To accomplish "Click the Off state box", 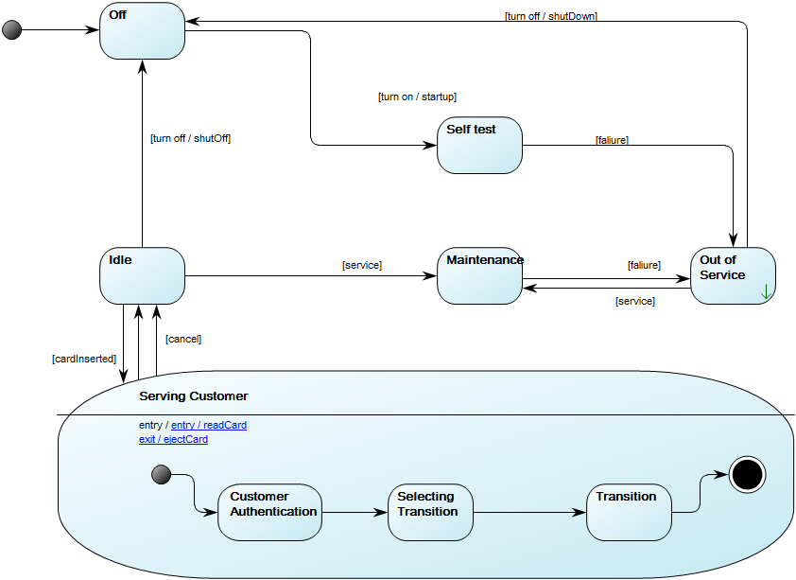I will [142, 31].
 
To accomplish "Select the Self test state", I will [479, 146].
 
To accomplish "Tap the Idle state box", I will [142, 276].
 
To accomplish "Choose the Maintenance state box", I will [479, 276].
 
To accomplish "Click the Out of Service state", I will [732, 275].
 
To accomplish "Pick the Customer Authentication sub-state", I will [269, 512].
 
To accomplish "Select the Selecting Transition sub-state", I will [429, 512].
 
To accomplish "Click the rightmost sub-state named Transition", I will [629, 512].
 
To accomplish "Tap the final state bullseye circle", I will [747, 474].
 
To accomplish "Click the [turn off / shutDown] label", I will [550, 16].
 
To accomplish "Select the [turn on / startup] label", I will [417, 97].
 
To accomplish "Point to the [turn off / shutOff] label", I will [190, 138].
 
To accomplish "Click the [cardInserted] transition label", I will [84, 359].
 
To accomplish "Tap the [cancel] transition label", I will [183, 339].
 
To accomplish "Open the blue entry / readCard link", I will [208, 426].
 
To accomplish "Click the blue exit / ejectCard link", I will [173, 440].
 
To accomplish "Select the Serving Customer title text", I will [193, 395].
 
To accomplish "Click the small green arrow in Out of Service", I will [766, 293].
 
